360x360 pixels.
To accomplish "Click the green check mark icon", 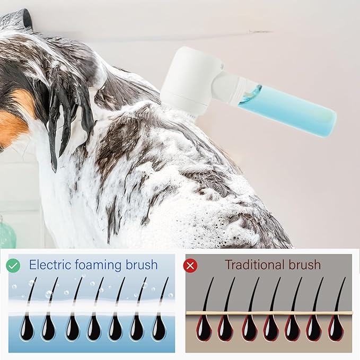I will (14, 265).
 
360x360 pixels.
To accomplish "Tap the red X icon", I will (190, 265).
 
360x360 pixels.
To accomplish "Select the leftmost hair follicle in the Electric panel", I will (27, 328).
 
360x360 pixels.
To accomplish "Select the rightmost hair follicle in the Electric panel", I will (159, 328).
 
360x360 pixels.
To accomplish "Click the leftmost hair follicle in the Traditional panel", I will (204, 328).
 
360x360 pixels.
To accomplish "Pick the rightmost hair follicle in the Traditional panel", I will (335, 328).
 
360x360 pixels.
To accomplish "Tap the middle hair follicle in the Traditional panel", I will (269, 328).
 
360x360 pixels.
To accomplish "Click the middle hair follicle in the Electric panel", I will (93, 328).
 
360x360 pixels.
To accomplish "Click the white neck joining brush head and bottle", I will (231, 87).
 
